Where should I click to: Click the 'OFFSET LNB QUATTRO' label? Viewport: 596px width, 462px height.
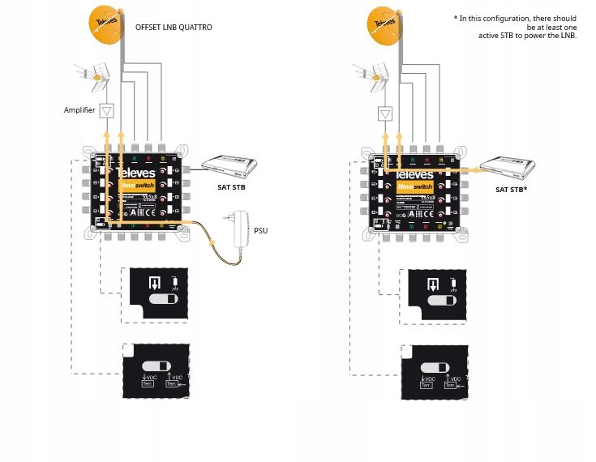(x=174, y=28)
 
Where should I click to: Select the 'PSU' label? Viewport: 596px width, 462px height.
(x=260, y=230)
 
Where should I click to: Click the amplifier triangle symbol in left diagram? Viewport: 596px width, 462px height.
(x=108, y=110)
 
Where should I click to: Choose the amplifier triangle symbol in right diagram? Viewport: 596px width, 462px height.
(x=386, y=113)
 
